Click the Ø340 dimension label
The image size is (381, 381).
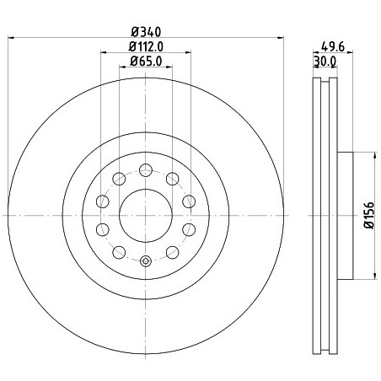click(146, 32)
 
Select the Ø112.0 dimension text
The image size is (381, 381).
click(146, 46)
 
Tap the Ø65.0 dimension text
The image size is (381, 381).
click(146, 62)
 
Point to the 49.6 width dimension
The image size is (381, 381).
click(333, 47)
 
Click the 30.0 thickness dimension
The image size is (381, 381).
click(325, 62)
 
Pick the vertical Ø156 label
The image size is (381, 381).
click(370, 215)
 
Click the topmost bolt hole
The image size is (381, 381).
click(146, 170)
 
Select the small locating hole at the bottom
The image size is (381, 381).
click(146, 261)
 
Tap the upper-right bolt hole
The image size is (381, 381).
click(173, 179)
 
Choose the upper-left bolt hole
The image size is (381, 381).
click(119, 179)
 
